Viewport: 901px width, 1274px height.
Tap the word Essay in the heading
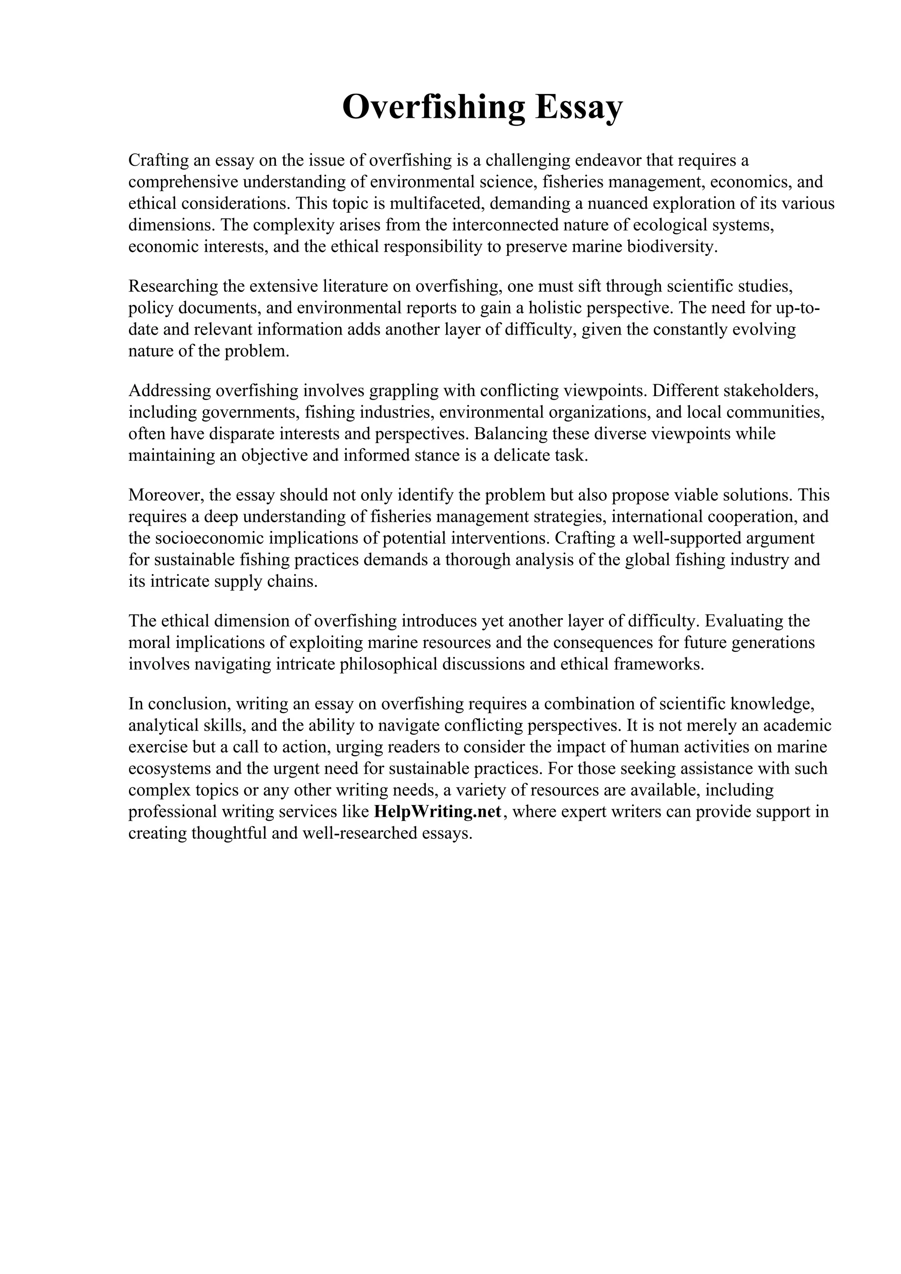click(x=579, y=107)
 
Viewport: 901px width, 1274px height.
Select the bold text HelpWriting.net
click(x=439, y=812)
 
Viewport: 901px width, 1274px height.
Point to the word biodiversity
click(x=672, y=247)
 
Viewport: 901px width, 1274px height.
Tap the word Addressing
click(x=169, y=391)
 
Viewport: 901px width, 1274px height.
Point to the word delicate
click(x=521, y=455)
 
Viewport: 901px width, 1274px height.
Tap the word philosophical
click(x=382, y=664)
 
